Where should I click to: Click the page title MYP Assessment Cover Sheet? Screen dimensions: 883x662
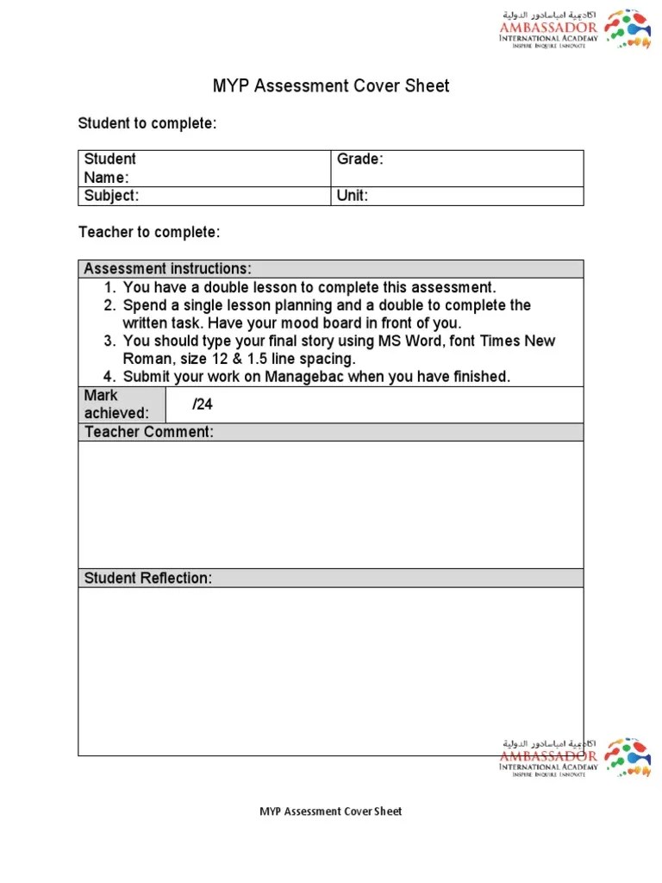(x=331, y=86)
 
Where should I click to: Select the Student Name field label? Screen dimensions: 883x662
(x=109, y=168)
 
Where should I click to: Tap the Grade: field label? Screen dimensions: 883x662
(x=359, y=160)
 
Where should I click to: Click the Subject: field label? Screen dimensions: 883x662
(x=111, y=196)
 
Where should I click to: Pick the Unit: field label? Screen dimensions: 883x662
(x=353, y=196)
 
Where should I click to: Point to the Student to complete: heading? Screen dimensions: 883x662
(x=147, y=124)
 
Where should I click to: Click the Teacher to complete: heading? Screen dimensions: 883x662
(x=148, y=233)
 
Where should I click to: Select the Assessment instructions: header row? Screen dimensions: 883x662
(x=168, y=269)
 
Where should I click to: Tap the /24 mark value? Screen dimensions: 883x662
(x=203, y=404)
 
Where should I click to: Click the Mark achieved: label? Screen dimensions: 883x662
(x=116, y=404)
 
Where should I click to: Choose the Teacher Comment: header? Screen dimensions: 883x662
(x=148, y=432)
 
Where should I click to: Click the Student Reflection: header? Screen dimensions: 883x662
(x=147, y=579)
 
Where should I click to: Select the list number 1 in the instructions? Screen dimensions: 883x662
(x=109, y=288)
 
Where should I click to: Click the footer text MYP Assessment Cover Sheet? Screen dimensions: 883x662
(x=331, y=811)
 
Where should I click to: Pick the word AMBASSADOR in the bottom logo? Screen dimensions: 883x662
(x=548, y=756)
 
